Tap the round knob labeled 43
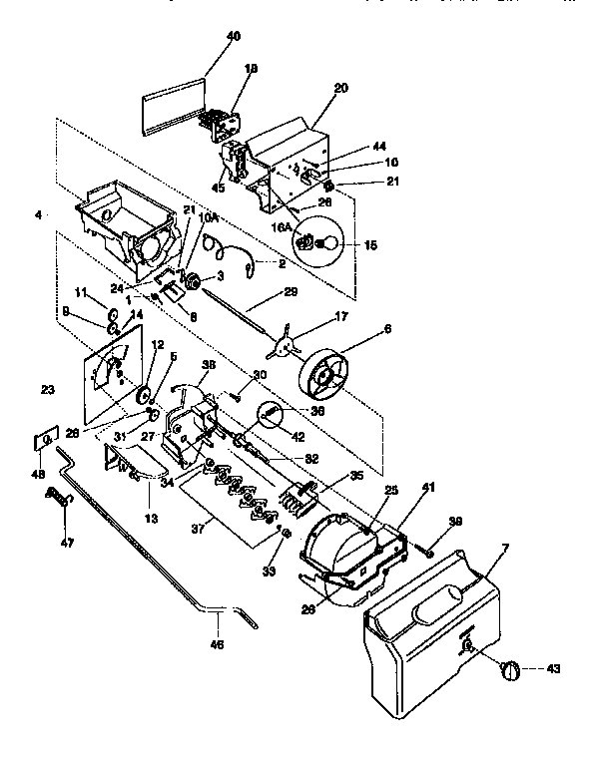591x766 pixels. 511,670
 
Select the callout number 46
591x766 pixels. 218,644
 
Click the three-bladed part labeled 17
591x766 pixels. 286,344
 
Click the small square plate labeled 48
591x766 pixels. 45,439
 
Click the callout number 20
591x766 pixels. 340,89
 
